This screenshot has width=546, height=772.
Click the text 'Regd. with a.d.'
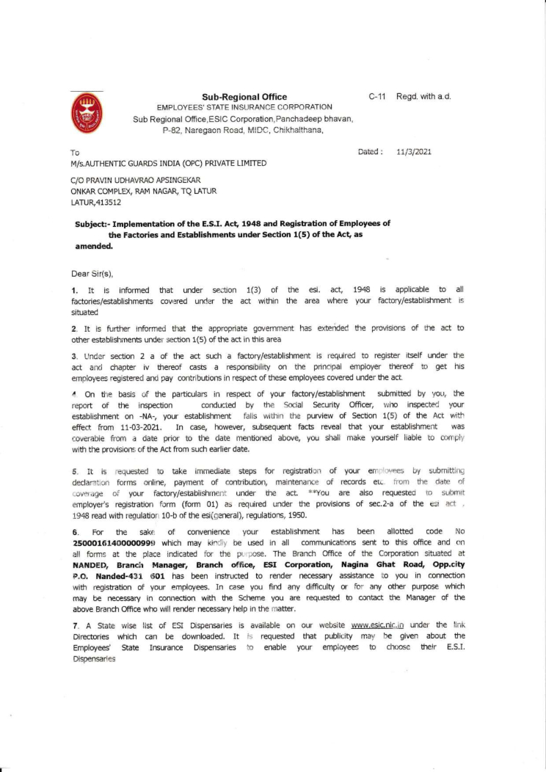tap(423, 96)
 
